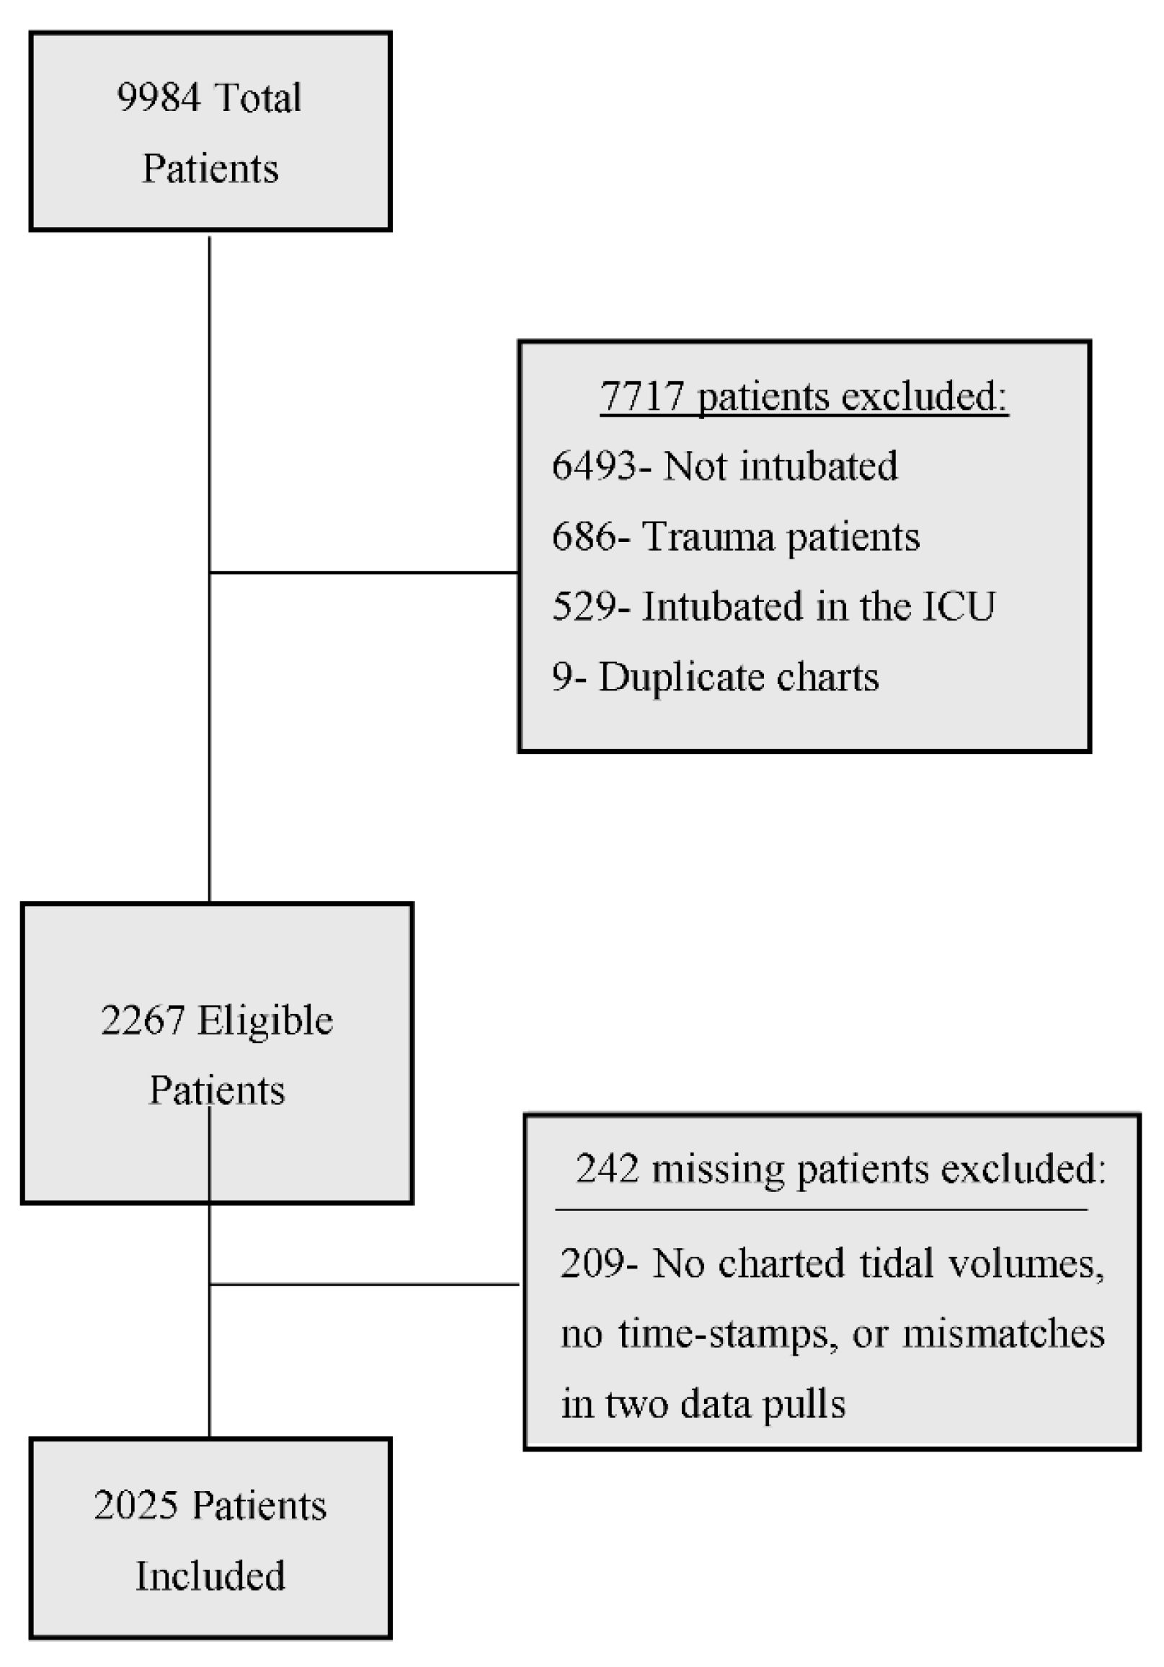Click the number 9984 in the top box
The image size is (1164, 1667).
[159, 97]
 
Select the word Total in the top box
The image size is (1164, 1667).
[258, 97]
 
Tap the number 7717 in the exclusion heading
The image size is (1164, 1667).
[642, 396]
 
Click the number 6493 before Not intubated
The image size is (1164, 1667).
[594, 466]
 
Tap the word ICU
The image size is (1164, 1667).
[959, 606]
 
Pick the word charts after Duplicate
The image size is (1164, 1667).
[828, 677]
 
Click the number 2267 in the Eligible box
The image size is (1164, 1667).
[142, 1020]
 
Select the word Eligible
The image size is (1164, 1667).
[265, 1020]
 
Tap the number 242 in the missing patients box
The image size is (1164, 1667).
[607, 1170]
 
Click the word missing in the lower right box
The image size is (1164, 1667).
[718, 1170]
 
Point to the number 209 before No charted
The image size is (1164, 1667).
[592, 1263]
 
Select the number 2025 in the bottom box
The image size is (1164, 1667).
[135, 1505]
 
